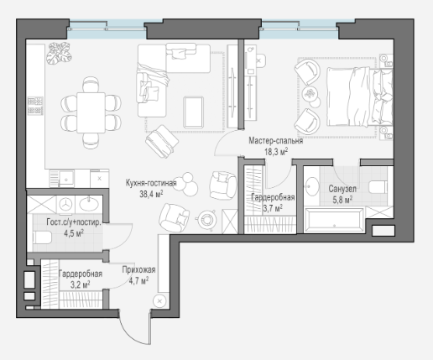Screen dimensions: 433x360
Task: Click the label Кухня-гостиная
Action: pyautogui.click(x=151, y=183)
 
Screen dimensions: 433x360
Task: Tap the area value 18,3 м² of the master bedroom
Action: pyautogui.click(x=276, y=152)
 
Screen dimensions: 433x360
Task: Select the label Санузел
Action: pyautogui.click(x=342, y=189)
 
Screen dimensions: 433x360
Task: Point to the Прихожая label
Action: pyautogui.click(x=138, y=270)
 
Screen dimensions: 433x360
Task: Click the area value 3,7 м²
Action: pyautogui.click(x=273, y=208)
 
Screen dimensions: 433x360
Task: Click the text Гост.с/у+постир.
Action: pyautogui.click(x=74, y=222)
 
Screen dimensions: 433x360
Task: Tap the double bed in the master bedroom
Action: pyautogui.click(x=360, y=97)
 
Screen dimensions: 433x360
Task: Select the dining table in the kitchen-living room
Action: pyautogui.click(x=91, y=112)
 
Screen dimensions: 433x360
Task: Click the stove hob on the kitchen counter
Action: pyautogui.click(x=35, y=106)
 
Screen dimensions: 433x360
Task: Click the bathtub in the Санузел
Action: pyautogui.click(x=334, y=220)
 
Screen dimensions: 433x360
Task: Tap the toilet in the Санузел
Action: pyautogui.click(x=378, y=187)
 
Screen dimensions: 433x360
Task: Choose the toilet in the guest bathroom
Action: pyautogui.click(x=42, y=237)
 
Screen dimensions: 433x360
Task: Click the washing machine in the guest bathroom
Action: pyautogui.click(x=66, y=204)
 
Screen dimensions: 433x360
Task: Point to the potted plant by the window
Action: pyautogui.click(x=59, y=53)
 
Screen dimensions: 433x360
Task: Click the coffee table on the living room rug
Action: pyautogui.click(x=193, y=112)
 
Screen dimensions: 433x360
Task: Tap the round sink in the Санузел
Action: pyautogui.click(x=311, y=186)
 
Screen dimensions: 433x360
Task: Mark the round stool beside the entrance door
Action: pyautogui.click(x=159, y=301)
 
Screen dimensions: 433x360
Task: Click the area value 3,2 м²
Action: pyautogui.click(x=80, y=284)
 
